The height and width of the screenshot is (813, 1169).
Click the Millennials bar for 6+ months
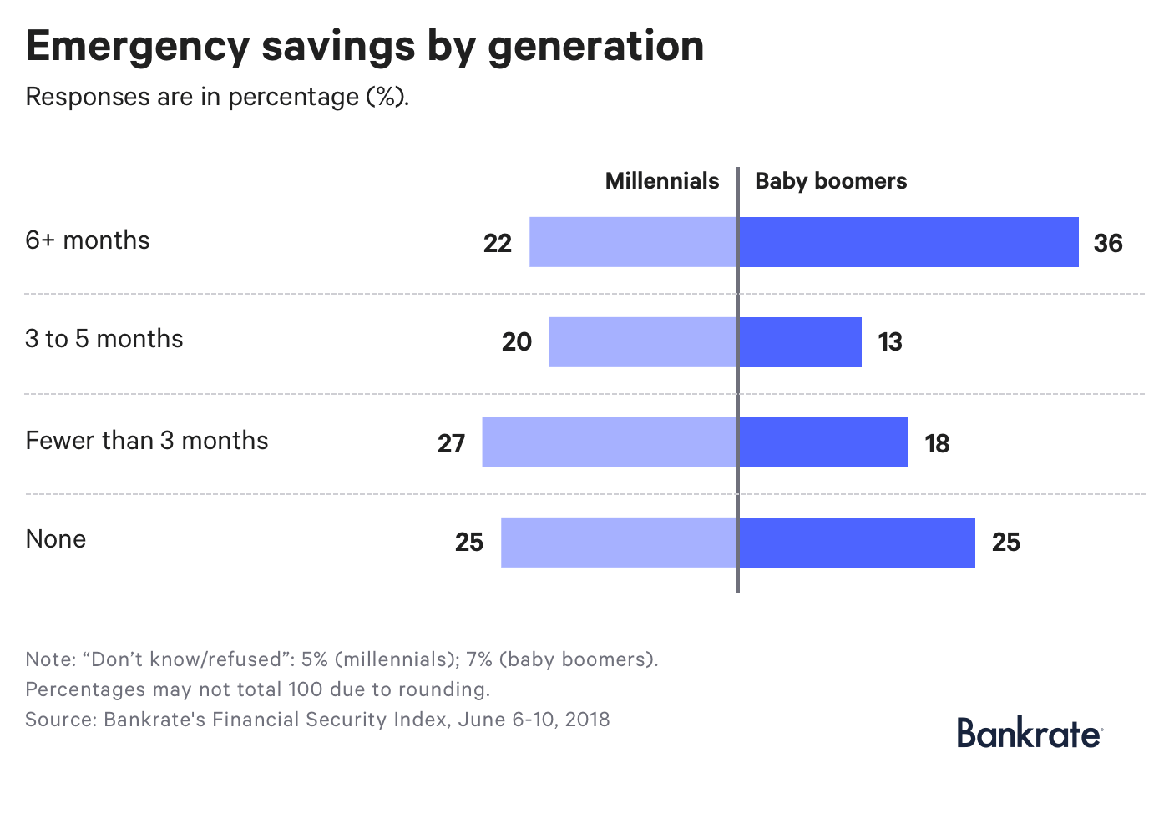(x=633, y=242)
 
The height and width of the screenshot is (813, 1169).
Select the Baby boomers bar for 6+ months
(x=908, y=242)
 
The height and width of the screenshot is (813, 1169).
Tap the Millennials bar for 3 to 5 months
(x=643, y=342)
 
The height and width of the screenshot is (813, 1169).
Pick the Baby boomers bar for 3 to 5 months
(x=800, y=342)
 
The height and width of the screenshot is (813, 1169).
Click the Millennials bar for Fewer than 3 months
(x=610, y=442)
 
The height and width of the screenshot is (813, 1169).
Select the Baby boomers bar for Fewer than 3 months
(x=823, y=442)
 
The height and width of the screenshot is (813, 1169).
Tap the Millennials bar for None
(x=619, y=543)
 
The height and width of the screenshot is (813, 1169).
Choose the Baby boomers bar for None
(x=857, y=543)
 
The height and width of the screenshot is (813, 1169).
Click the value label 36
(x=1108, y=243)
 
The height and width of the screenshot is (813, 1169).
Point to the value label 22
(x=498, y=243)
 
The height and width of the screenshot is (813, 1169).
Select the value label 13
(x=890, y=342)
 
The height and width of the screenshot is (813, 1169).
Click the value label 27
(x=451, y=443)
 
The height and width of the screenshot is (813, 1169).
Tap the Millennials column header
(x=661, y=181)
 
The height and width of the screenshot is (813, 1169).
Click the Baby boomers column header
(x=831, y=181)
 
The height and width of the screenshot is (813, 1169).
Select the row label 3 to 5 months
(x=104, y=339)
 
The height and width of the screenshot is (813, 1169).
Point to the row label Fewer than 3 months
(x=147, y=441)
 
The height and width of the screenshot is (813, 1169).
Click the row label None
(x=56, y=539)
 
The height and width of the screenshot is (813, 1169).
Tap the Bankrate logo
(x=1029, y=732)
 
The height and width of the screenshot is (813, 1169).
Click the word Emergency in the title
(x=135, y=47)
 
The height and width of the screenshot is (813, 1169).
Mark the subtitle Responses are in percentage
(x=217, y=97)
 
